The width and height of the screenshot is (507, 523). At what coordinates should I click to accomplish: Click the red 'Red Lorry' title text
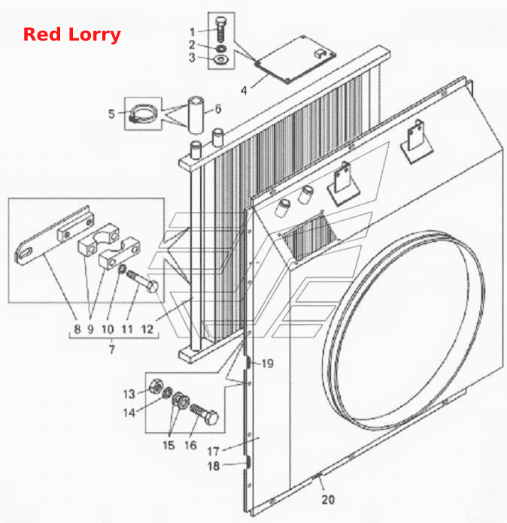pos(71,35)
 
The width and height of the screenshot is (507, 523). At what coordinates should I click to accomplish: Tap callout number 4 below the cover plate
pos(244,90)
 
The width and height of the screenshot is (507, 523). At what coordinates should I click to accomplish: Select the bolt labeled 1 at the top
pos(220,29)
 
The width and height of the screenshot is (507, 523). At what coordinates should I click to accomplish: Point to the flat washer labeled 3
pos(220,59)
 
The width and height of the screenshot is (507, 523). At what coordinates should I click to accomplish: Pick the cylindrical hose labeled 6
pos(196,115)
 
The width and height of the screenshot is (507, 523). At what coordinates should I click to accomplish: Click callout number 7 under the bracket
pos(112,349)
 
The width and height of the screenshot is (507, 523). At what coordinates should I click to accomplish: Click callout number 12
pos(147,329)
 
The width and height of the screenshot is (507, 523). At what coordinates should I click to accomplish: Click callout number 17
pos(213,452)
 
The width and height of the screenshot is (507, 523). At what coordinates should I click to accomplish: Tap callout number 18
pos(214,466)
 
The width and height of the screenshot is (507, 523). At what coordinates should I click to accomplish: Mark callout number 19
pos(268,364)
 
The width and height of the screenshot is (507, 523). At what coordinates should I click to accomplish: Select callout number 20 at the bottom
pos(328,499)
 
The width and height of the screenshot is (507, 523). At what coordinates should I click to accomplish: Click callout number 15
pos(168,445)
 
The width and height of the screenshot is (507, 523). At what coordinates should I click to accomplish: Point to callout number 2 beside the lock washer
pos(192,44)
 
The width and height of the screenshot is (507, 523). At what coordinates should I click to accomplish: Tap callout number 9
pos(90,329)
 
